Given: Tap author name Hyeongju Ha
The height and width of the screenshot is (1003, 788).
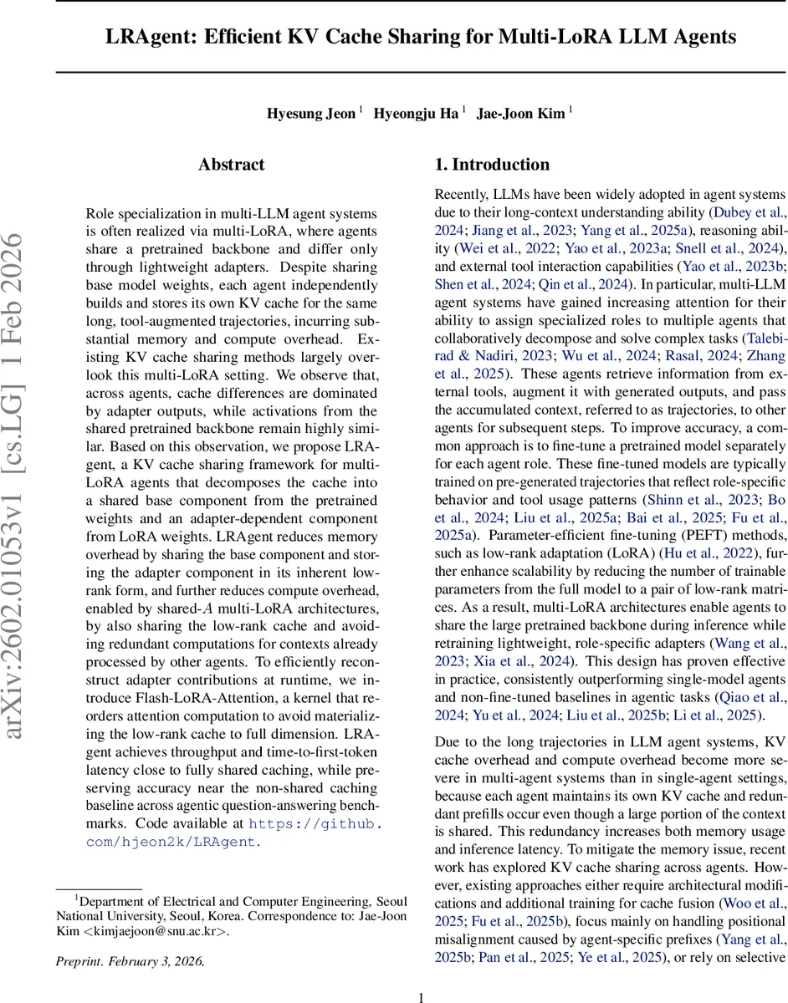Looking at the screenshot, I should pos(416,114).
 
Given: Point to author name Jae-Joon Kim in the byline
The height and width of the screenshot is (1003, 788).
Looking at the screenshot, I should pos(520,114).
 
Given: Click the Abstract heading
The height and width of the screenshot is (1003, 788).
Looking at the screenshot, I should pos(232,165).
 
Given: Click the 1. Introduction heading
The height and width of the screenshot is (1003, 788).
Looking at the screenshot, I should pos(492,165).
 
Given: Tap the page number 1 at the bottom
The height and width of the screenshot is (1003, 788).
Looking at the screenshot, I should pos(422,974).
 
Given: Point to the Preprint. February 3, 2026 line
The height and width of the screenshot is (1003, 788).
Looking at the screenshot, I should pos(129,961).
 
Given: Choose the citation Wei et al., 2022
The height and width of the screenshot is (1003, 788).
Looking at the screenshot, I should pos(498,248).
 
